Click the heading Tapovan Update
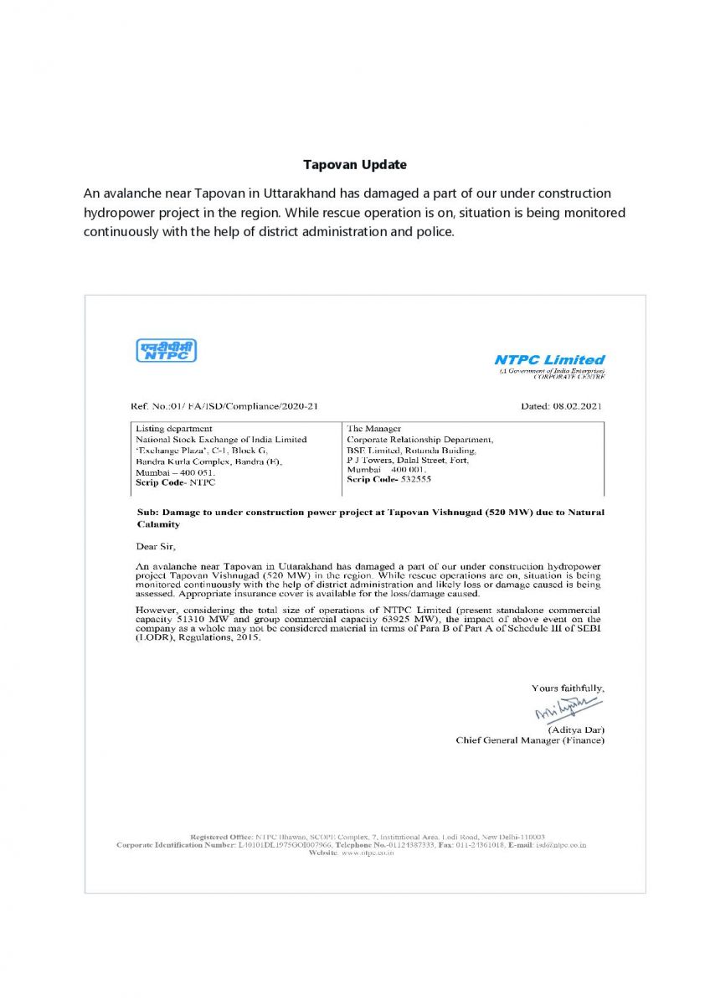click(x=355, y=165)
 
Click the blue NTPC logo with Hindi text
click(x=166, y=350)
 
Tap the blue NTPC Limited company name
click(x=549, y=360)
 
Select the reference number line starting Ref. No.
click(x=224, y=406)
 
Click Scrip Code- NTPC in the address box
click(x=176, y=482)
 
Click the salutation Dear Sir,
click(x=157, y=548)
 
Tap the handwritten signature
click(x=568, y=708)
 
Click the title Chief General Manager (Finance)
click(x=530, y=740)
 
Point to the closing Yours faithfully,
click(x=568, y=688)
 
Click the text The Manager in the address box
click(x=374, y=428)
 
